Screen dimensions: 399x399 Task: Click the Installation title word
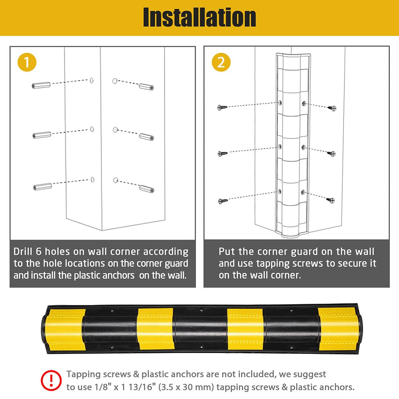click(x=199, y=18)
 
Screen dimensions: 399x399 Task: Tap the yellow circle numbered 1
click(x=27, y=63)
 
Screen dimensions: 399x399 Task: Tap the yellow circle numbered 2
click(x=221, y=63)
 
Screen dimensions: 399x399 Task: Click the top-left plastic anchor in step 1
click(x=41, y=85)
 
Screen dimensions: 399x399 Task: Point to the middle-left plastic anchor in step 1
click(x=41, y=135)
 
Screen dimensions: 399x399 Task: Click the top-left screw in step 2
click(x=222, y=108)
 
